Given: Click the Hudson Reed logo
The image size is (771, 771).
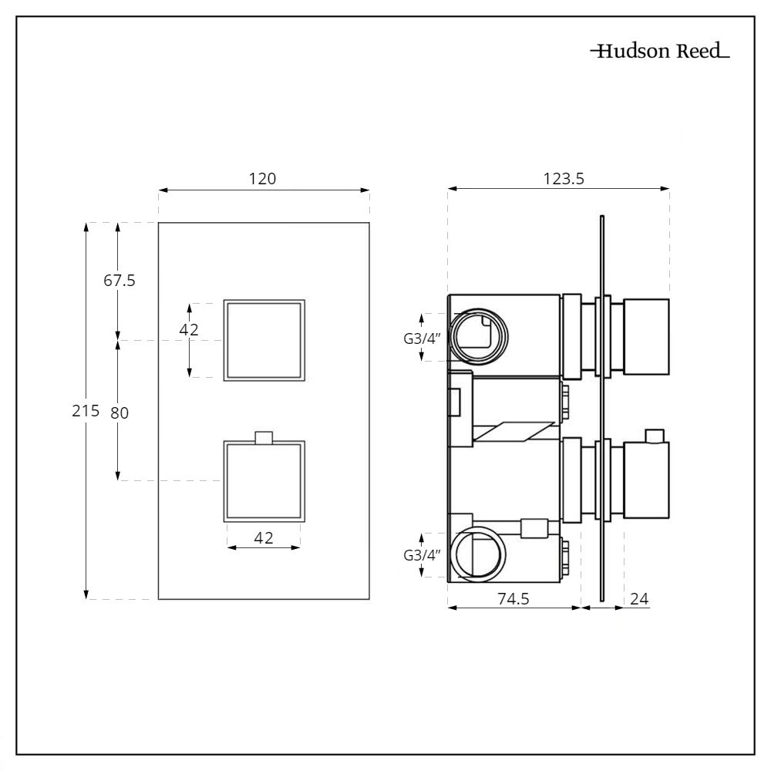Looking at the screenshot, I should tap(660, 52).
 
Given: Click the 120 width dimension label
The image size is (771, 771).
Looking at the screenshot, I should tap(262, 178).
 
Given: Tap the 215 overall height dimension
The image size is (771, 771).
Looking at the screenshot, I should tap(85, 411).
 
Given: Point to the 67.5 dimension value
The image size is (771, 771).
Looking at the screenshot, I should tap(120, 281).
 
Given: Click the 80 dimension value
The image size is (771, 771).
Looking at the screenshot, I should tap(119, 412).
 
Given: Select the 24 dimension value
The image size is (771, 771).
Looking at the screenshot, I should tap(640, 598).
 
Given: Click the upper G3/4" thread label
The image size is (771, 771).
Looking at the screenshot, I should tap(421, 338).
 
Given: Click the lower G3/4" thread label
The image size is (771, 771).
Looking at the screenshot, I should tap(421, 555).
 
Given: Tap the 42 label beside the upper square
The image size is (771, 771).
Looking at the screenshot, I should tap(188, 330).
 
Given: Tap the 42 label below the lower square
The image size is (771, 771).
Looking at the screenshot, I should tap(264, 538).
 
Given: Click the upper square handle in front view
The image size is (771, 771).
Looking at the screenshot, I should tap(264, 340).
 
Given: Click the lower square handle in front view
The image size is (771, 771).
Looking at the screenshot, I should tap(264, 481).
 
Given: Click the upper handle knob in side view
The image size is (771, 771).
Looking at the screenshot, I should tap(646, 338).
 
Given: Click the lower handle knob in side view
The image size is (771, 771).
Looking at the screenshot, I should tap(646, 480).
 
